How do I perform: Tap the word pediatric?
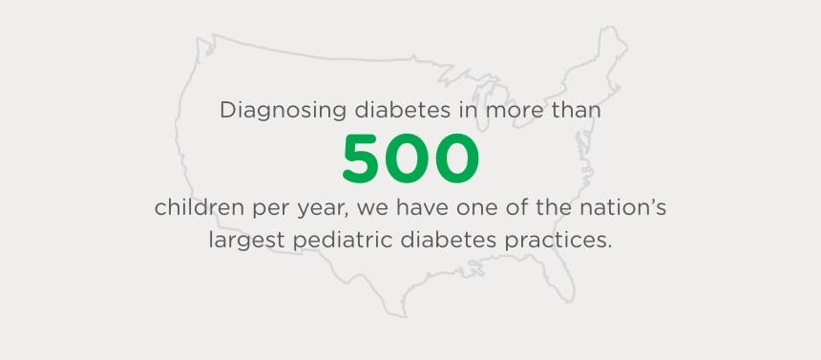tap(340, 239)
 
